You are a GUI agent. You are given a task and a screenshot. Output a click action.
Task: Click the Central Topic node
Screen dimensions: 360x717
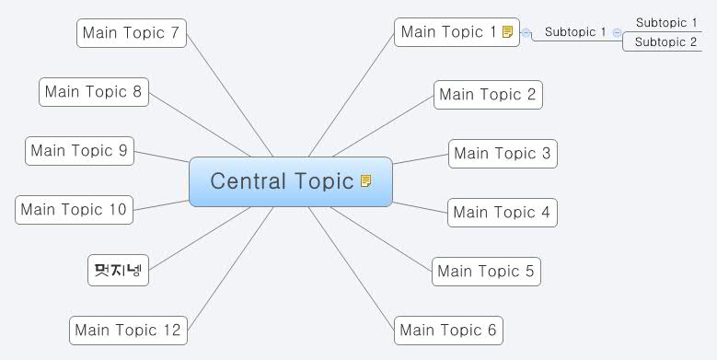(x=282, y=181)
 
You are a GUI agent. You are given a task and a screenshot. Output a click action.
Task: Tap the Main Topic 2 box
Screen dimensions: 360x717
(x=487, y=94)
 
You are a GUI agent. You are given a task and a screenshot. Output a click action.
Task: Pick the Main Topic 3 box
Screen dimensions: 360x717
(x=502, y=153)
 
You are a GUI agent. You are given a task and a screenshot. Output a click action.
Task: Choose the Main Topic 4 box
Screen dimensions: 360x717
(x=501, y=213)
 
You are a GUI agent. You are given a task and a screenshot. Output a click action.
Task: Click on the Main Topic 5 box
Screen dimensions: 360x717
(x=485, y=271)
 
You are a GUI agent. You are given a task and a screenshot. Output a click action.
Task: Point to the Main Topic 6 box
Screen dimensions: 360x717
(x=447, y=330)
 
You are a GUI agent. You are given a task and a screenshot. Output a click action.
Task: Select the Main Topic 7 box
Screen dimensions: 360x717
(x=131, y=33)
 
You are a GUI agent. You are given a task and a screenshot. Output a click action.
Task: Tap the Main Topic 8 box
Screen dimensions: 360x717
(x=93, y=91)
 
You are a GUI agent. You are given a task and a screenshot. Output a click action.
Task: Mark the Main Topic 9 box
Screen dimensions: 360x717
(x=79, y=150)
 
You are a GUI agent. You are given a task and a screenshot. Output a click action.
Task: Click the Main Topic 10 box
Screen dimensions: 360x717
(x=74, y=209)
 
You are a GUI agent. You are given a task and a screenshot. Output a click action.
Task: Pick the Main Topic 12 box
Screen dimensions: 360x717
(x=128, y=330)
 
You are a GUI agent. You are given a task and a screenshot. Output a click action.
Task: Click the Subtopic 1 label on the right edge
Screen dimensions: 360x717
(x=666, y=23)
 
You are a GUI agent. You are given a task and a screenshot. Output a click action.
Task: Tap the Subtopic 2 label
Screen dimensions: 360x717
(x=666, y=41)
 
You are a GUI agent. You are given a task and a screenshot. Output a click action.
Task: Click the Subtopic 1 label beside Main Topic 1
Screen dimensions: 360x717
(x=575, y=32)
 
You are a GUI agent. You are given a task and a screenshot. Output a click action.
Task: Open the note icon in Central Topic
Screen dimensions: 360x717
(x=366, y=181)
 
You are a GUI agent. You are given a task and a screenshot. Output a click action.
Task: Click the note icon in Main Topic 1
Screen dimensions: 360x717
(x=508, y=32)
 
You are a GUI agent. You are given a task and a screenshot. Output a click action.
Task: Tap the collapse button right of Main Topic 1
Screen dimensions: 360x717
(x=526, y=33)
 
